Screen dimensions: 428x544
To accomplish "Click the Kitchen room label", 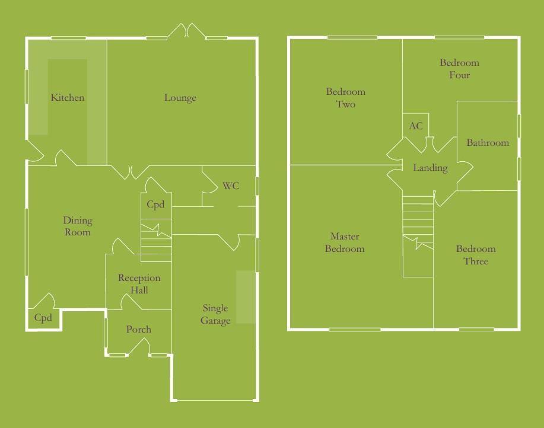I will (67, 98).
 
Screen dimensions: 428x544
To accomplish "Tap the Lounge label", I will (180, 98).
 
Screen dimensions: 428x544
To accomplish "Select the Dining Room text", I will (78, 226).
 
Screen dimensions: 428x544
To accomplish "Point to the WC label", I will (231, 186).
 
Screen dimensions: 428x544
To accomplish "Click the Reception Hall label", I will (139, 284).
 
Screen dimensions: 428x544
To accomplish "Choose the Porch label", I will (139, 330).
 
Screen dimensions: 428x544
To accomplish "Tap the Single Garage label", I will (215, 315).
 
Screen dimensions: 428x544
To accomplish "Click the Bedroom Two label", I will (346, 98).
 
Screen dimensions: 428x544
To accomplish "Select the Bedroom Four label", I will (459, 69).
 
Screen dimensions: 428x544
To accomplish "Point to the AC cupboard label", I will (416, 126).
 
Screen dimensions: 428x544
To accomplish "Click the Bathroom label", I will (488, 143).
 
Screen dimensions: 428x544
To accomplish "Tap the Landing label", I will (430, 168).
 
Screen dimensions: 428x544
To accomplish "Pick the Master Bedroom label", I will (345, 242).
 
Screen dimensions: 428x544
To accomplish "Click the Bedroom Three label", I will (476, 255).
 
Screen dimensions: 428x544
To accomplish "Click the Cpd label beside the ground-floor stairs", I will (155, 205).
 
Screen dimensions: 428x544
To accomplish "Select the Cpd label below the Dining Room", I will (43, 318).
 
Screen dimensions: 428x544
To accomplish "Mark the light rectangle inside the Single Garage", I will (243, 297).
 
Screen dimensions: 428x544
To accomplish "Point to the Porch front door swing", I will (139, 349).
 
